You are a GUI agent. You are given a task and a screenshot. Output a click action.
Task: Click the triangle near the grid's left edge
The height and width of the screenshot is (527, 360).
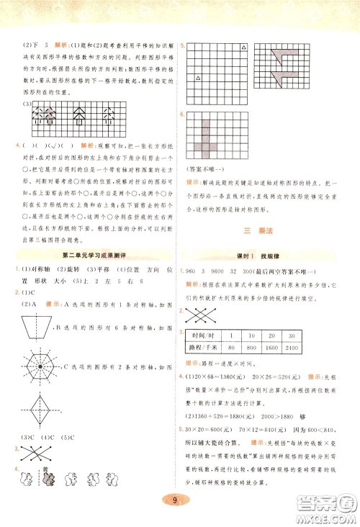[197, 77]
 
